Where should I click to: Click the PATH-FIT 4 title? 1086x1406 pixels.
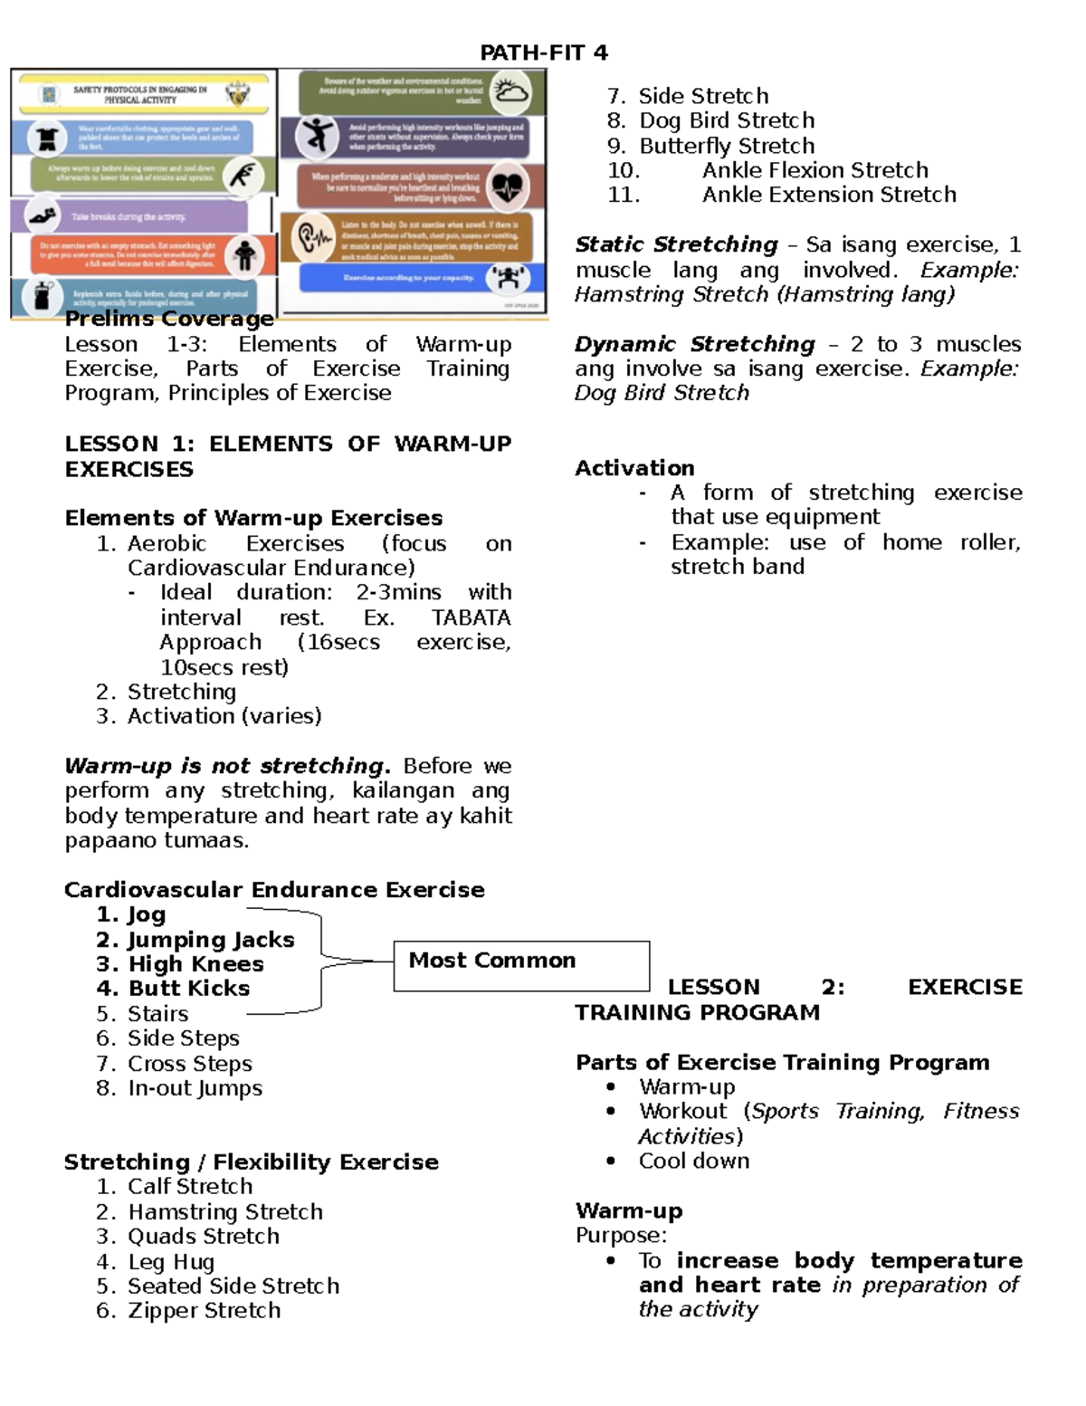click(543, 53)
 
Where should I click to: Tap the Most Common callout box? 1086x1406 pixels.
click(521, 965)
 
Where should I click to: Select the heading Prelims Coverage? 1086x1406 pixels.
click(169, 319)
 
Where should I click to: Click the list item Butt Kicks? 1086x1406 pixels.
click(188, 989)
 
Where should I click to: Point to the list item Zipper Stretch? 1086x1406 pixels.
click(204, 1310)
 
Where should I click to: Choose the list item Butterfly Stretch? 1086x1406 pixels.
click(726, 146)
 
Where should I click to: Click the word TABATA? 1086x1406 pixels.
click(471, 617)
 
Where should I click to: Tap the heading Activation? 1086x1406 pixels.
click(634, 468)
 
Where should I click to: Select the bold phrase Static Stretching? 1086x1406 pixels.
click(676, 244)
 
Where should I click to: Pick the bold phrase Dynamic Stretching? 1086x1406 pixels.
click(694, 344)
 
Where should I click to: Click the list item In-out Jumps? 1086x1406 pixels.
click(195, 1088)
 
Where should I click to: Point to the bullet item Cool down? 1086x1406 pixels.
click(693, 1161)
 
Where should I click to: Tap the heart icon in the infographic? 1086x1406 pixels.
click(507, 187)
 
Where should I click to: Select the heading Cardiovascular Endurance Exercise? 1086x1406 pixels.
click(274, 890)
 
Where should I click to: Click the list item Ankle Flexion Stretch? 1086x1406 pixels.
click(814, 170)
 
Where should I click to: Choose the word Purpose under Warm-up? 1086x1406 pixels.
click(621, 1236)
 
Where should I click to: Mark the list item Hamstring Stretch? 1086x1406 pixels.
click(224, 1211)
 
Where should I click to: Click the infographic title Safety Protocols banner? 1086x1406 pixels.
click(140, 94)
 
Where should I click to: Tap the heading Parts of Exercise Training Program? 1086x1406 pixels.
click(782, 1062)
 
